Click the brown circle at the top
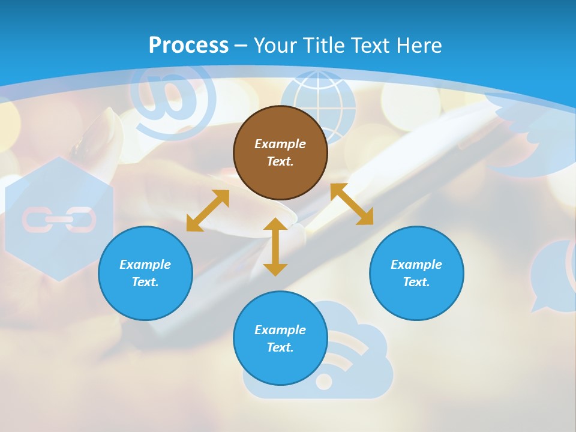pyautogui.click(x=280, y=152)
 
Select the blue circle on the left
pyautogui.click(x=145, y=273)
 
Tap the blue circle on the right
pyautogui.click(x=416, y=273)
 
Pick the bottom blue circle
pyautogui.click(x=280, y=338)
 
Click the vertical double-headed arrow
pyautogui.click(x=275, y=247)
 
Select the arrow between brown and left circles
pyautogui.click(x=208, y=211)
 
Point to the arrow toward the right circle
pyautogui.click(x=352, y=204)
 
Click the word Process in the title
pyautogui.click(x=188, y=45)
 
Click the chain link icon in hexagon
pyautogui.click(x=59, y=220)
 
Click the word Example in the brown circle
pyautogui.click(x=280, y=144)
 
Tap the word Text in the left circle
pyautogui.click(x=145, y=282)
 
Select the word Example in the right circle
pyautogui.click(x=416, y=265)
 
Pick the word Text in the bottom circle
pyautogui.click(x=280, y=347)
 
